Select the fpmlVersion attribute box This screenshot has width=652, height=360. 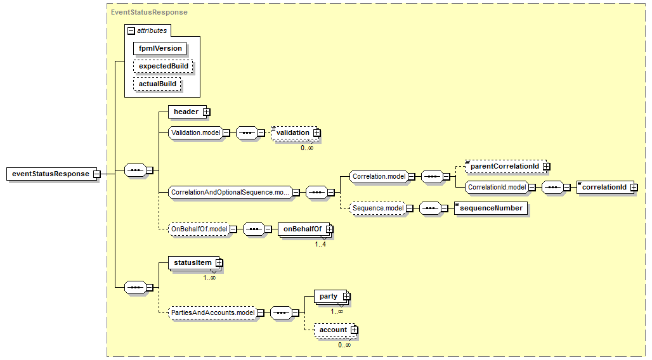160,49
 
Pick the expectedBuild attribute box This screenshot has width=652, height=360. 164,67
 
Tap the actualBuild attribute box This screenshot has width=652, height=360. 157,84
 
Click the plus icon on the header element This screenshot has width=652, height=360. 207,112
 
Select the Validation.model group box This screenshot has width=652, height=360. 196,132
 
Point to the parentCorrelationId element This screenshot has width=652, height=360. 507,166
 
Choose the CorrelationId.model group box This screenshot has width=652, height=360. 497,187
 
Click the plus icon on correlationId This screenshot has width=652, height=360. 634,188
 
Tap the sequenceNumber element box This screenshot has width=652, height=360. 491,209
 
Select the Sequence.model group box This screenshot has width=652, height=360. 378,208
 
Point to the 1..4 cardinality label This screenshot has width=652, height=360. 320,245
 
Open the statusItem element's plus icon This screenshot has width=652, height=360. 219,263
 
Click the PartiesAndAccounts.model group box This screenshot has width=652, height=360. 212,312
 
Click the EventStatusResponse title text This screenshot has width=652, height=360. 149,13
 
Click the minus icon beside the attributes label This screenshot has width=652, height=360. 131,31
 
